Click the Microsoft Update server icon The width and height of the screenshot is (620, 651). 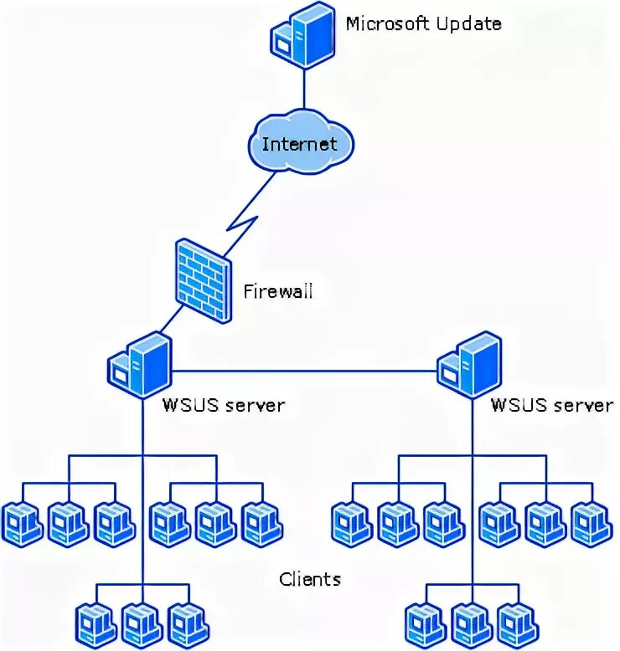302,35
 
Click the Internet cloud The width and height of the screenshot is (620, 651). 299,143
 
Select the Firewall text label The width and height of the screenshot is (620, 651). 277,292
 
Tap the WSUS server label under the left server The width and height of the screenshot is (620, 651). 223,406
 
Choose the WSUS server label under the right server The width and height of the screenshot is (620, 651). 551,406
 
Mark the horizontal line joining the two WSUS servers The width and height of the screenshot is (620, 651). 306,370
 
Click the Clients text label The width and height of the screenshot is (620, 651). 310,578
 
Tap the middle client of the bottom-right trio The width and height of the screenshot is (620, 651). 471,623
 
